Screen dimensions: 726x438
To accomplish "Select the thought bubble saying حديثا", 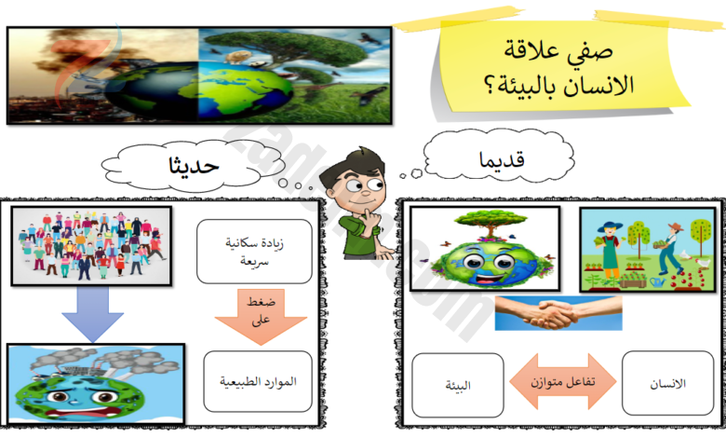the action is coord(192,167).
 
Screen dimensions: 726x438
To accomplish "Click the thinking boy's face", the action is coord(360,187).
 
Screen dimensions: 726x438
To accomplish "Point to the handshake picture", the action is coord(558,313).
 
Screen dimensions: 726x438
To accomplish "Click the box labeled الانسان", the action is coord(667,383).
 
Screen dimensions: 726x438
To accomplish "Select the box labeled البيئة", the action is coord(457,385).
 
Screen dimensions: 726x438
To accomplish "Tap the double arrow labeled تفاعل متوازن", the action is coord(563,381).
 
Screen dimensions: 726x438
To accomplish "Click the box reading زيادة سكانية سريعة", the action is coord(254,252).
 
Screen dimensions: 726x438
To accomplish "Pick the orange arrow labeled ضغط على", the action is coord(261,317).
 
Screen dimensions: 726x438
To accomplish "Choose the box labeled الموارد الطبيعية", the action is coord(258,381).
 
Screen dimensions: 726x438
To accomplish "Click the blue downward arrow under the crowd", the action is coord(92,314).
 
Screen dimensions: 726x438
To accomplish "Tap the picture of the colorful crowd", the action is coord(91,246).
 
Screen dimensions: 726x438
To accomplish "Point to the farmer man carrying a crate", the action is coord(670,248).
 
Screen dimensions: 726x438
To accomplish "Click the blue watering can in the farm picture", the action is coord(657,281).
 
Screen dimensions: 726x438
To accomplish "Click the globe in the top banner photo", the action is coord(199,91).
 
